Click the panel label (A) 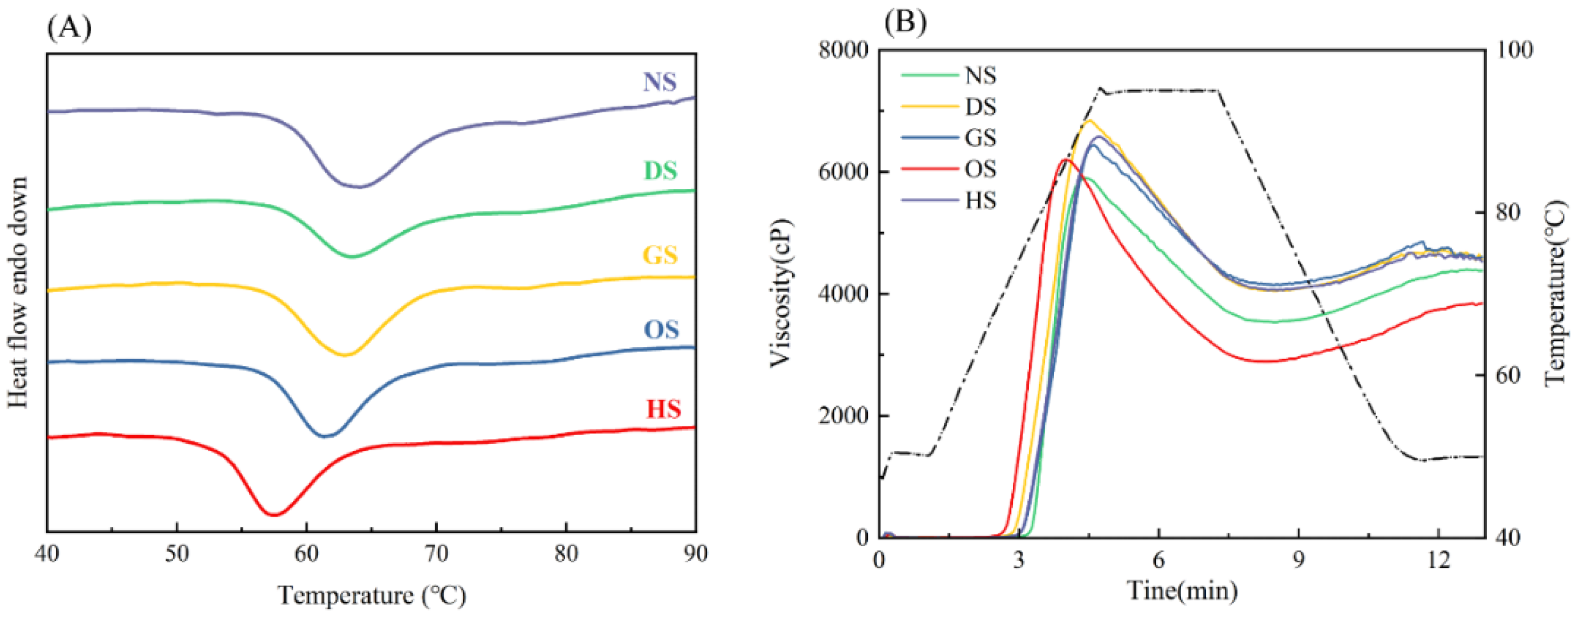tap(69, 27)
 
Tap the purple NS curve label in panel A tap(660, 81)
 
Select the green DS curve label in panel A tap(660, 170)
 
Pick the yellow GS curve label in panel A tap(660, 254)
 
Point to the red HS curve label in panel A tap(663, 408)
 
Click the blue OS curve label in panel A tap(661, 329)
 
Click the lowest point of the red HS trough tap(273, 514)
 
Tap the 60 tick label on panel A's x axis tap(306, 555)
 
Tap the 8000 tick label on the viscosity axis tap(843, 50)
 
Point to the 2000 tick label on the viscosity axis tap(843, 416)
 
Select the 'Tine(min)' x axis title tap(1182, 591)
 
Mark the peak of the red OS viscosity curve tap(1066, 160)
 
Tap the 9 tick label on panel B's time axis tap(1299, 560)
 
